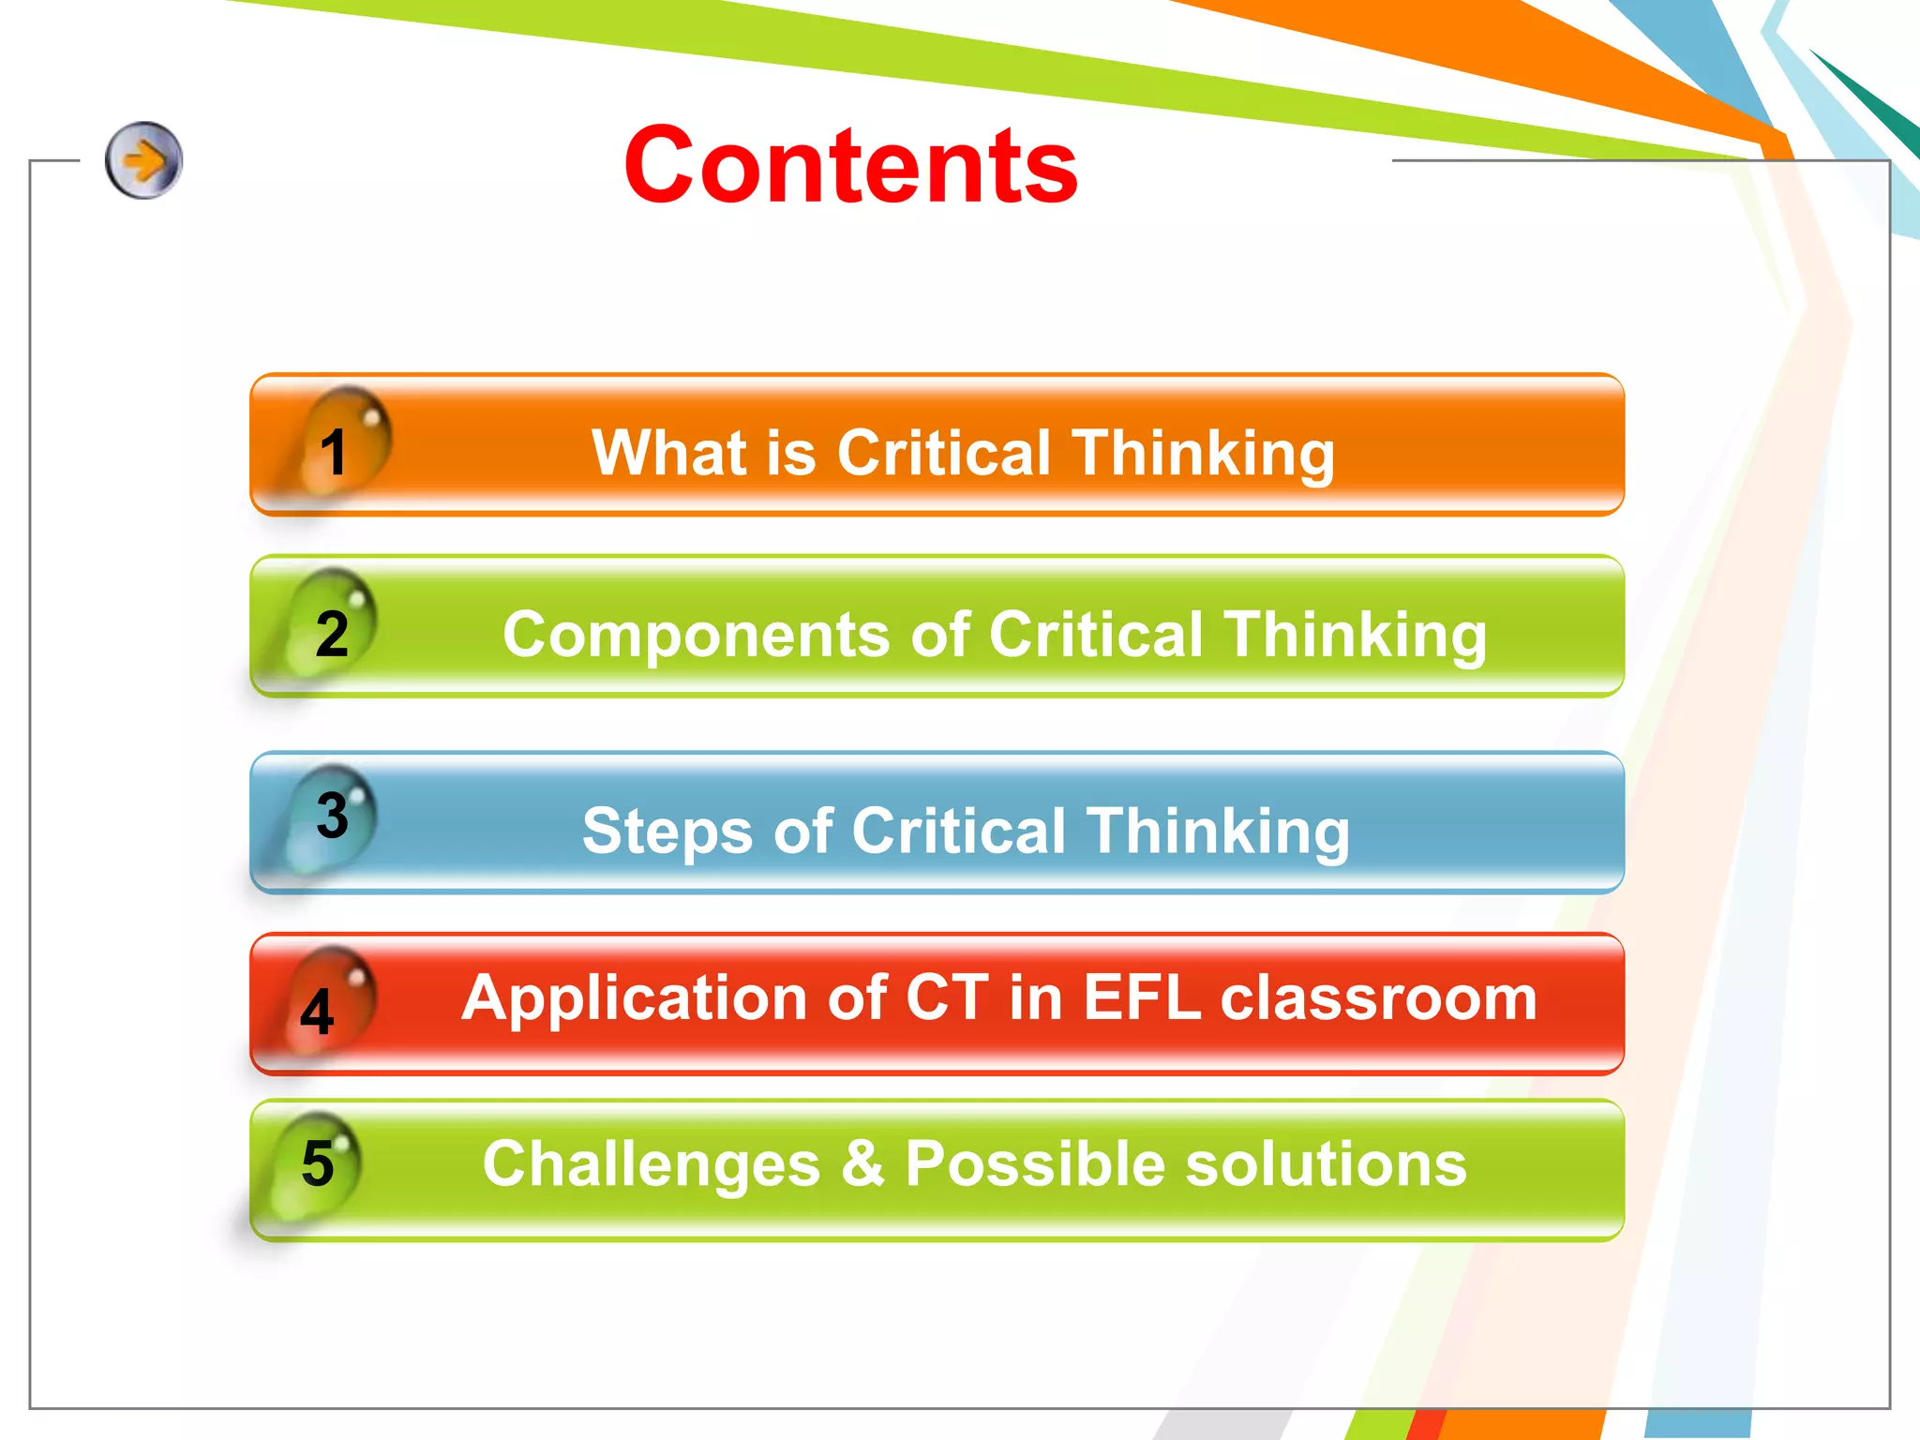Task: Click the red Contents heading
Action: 850,166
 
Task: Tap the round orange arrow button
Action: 143,160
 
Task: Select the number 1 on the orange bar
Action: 333,452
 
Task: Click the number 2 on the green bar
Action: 332,634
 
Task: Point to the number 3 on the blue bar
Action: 332,815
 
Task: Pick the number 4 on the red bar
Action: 317,1012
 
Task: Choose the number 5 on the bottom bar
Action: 318,1163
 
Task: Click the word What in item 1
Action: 668,453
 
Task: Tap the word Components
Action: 696,636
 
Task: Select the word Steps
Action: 667,831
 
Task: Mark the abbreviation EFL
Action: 1141,997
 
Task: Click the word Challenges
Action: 652,1164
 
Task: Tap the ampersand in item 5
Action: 862,1163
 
